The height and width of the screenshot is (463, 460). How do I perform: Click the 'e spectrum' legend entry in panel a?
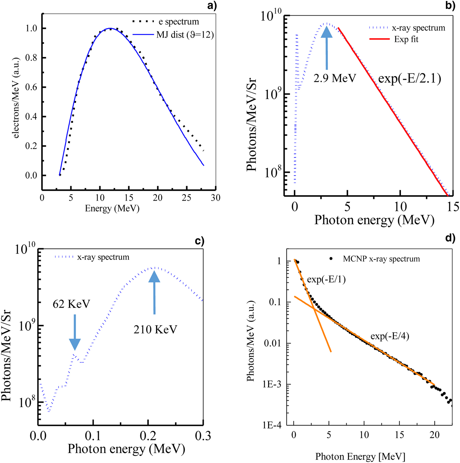tap(179, 22)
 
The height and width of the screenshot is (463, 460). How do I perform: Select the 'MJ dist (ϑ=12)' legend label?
tap(185, 34)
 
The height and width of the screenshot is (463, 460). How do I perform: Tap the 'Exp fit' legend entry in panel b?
tap(406, 39)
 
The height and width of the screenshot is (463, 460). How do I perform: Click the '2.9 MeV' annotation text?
tap(334, 78)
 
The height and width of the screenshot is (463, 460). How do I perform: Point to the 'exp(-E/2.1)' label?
tap(409, 78)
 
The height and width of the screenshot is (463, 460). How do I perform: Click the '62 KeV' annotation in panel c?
tap(71, 304)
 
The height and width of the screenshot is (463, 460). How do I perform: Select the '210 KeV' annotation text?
tap(155, 329)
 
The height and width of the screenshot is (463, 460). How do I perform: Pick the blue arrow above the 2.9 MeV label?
tap(327, 48)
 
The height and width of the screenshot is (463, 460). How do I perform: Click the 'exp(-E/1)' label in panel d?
tap(326, 279)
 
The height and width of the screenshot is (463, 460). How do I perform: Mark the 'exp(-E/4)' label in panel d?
tap(390, 336)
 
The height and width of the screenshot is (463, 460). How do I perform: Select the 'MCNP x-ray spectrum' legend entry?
tap(381, 259)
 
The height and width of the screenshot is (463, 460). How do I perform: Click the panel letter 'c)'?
tap(199, 241)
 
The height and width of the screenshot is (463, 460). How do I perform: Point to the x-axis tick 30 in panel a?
tap(216, 198)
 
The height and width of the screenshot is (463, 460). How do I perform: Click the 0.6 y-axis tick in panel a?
tap(31, 87)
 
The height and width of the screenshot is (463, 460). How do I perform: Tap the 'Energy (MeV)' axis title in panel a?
tap(112, 209)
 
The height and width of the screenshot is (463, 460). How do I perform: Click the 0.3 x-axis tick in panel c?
tap(203, 436)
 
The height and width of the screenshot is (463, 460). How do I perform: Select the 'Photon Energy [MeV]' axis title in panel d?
tap(360, 456)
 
